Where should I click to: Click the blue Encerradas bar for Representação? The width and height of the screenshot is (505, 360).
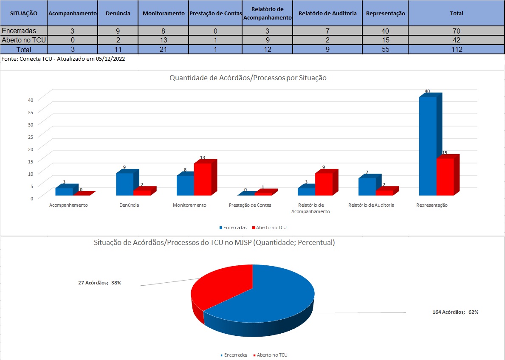click(428, 146)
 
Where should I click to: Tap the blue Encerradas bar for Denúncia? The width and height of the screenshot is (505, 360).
click(124, 184)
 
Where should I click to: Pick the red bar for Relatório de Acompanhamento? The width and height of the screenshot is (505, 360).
click(324, 184)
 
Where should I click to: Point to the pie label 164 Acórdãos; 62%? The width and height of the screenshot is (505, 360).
click(455, 312)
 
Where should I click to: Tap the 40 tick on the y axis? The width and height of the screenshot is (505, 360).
click(31, 100)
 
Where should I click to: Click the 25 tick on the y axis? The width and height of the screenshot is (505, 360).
click(31, 137)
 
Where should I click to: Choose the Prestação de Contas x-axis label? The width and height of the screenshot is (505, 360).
click(250, 205)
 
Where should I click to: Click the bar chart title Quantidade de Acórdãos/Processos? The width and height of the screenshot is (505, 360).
click(248, 78)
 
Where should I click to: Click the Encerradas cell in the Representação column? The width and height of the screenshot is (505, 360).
click(386, 31)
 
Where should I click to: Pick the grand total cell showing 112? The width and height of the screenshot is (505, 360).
click(457, 49)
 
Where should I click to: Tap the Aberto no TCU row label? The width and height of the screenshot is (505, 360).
click(24, 40)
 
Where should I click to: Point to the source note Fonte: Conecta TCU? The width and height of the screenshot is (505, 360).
click(63, 59)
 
